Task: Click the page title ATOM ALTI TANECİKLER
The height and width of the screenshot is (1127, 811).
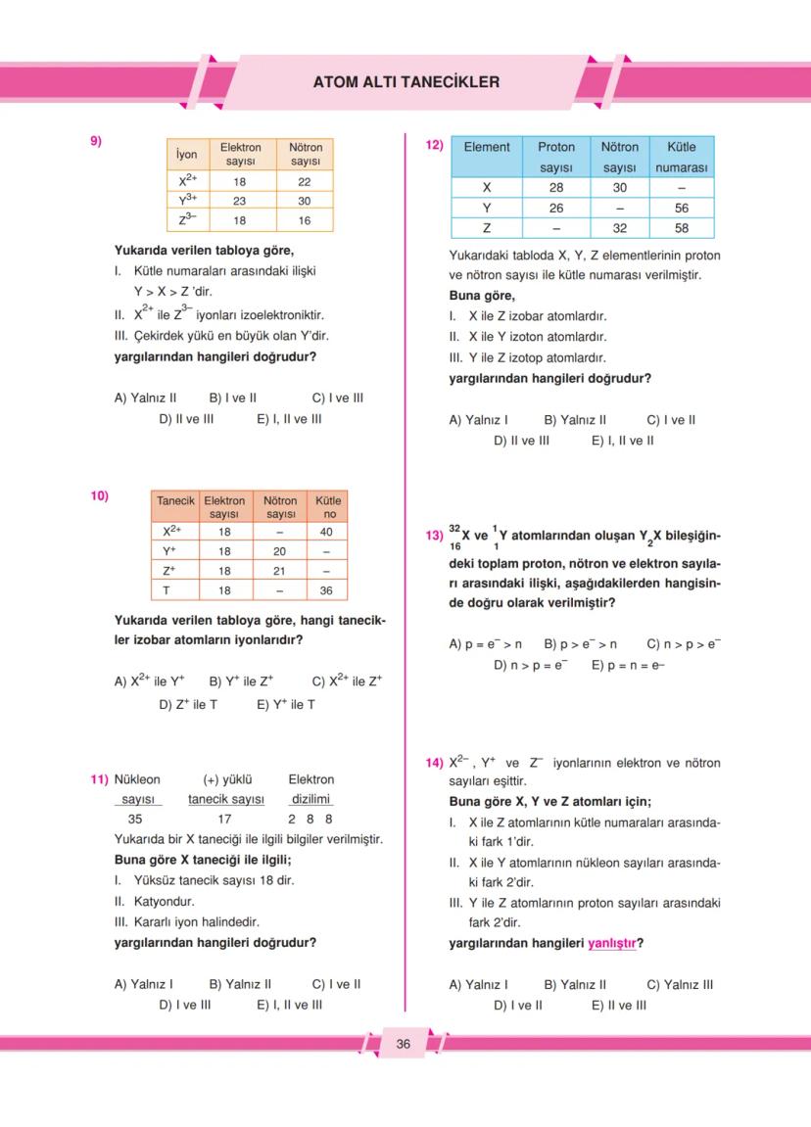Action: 405,82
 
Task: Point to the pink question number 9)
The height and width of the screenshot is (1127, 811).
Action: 96,141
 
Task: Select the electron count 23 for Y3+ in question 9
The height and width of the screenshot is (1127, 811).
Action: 239,201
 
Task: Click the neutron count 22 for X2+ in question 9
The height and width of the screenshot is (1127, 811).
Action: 305,181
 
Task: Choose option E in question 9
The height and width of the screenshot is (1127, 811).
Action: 289,419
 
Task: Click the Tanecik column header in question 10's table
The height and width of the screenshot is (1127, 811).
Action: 176,500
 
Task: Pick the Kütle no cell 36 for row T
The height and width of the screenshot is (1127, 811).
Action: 328,590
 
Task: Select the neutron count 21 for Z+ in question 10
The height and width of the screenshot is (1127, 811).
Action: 280,571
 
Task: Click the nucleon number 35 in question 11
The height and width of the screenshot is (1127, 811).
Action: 135,819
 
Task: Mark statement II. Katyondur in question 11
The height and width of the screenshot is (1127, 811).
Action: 154,901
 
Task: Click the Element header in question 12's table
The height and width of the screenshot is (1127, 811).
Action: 487,147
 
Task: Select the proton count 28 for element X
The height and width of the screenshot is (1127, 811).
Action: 555,187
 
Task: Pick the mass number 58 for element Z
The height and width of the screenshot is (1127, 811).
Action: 682,227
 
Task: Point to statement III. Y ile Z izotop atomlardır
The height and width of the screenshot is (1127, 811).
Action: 527,357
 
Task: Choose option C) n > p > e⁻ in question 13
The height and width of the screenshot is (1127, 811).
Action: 684,644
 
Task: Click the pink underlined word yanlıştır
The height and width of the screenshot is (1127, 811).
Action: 612,944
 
